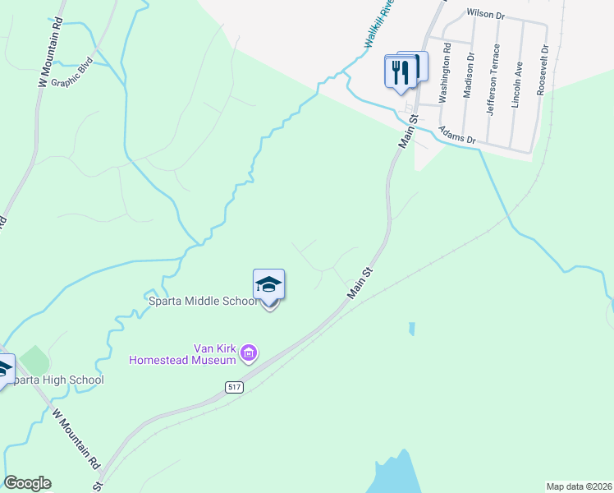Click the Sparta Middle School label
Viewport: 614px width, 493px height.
click(x=203, y=301)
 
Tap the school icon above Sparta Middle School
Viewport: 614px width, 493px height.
click(x=268, y=285)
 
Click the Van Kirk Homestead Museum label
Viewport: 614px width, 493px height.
click(x=182, y=353)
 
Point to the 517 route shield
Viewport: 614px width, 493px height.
click(x=235, y=385)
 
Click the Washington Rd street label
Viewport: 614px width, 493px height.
click(x=446, y=78)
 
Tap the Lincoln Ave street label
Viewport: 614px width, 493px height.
click(x=519, y=79)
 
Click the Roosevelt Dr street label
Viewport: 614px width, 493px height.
click(x=543, y=71)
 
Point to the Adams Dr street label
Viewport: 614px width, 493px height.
click(x=457, y=134)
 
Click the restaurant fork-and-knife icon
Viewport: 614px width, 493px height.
click(x=400, y=71)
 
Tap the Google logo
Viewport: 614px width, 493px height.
click(x=27, y=483)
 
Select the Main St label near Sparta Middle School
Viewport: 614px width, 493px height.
click(x=360, y=281)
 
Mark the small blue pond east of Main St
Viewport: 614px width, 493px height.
click(x=410, y=329)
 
